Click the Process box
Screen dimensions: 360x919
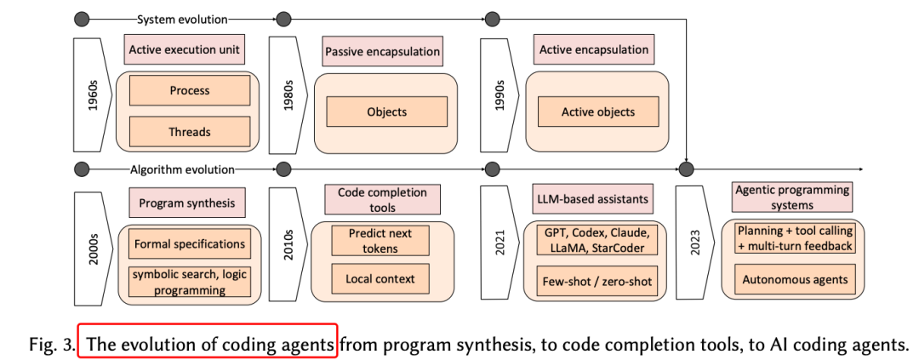pos(189,91)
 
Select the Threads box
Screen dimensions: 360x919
pos(189,132)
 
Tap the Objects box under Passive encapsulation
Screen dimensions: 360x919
pos(386,111)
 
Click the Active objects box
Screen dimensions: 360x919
pos(597,111)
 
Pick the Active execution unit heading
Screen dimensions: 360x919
pos(185,49)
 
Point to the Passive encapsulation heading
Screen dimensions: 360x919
pos(382,52)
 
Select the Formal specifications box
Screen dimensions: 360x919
pos(190,244)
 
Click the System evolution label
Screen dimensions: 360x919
pos(182,17)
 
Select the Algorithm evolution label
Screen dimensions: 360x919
pos(182,169)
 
